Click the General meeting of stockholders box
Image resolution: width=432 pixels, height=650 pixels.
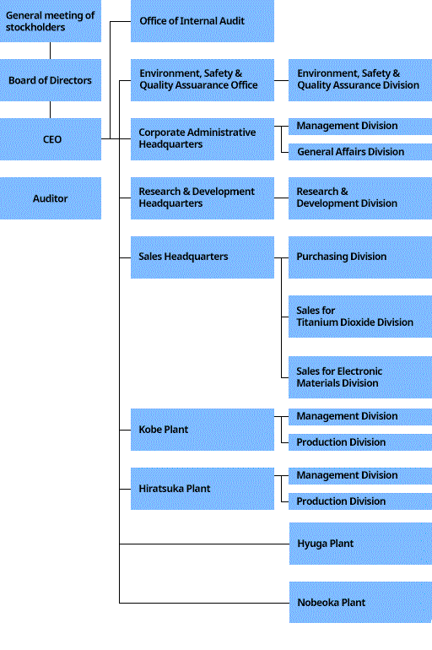click(51, 21)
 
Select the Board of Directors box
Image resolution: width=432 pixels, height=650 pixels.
click(51, 80)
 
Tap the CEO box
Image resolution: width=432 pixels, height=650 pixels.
click(51, 139)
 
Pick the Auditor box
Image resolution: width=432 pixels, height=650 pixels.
click(51, 198)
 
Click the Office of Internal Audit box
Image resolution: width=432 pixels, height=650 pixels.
click(202, 21)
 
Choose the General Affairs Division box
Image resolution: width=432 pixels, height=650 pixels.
click(360, 152)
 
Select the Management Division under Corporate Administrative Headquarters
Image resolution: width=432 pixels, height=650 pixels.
click(360, 126)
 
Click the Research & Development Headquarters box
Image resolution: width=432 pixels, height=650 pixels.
click(202, 198)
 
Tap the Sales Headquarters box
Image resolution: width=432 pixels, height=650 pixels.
click(202, 257)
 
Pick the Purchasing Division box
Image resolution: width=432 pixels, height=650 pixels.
click(360, 257)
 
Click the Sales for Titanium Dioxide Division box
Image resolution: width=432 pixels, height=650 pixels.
click(360, 317)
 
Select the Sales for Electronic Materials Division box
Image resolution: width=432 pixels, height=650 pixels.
click(360, 377)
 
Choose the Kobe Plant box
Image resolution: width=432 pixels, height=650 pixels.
click(202, 430)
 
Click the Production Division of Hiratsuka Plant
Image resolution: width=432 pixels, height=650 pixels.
click(360, 501)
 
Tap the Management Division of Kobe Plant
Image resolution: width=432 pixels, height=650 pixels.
click(360, 417)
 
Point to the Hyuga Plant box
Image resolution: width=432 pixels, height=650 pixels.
click(360, 544)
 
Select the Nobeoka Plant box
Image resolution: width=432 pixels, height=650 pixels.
click(360, 603)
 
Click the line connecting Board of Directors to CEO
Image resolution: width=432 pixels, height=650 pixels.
click(50, 110)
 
